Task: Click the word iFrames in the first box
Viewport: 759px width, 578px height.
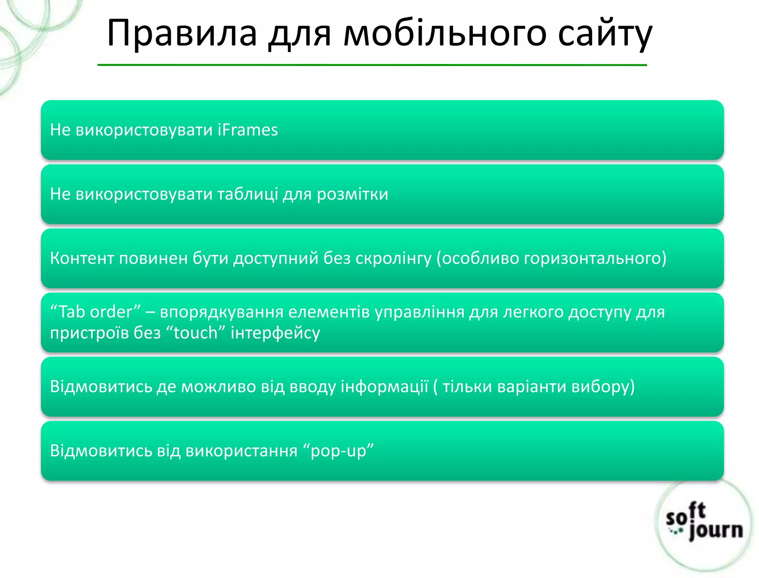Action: [x=248, y=130]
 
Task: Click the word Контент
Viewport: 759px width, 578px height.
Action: [x=82, y=258]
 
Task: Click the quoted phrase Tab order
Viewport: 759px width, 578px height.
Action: [x=96, y=312]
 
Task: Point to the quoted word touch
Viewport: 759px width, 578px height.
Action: [x=196, y=333]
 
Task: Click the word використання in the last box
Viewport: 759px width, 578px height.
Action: [x=241, y=451]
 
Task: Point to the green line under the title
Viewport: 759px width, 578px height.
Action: [x=372, y=65]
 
